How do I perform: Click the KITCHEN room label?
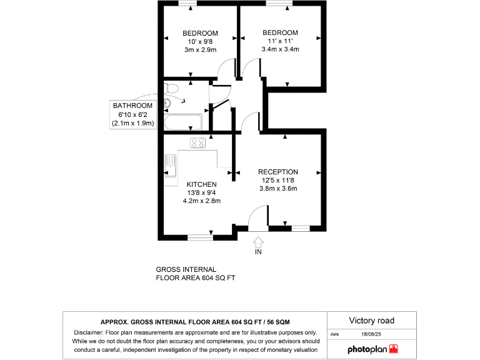(201, 184)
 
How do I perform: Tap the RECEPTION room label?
(278, 172)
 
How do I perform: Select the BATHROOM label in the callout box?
(132, 106)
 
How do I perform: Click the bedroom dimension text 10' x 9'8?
(200, 41)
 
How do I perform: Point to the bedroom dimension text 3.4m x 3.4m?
(280, 49)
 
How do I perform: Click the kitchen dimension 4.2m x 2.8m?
(201, 201)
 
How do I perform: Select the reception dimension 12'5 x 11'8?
(278, 180)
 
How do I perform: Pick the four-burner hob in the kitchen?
(198, 142)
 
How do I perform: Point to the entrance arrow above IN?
(258, 241)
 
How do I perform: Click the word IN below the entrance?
(258, 252)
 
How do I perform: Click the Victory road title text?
(371, 321)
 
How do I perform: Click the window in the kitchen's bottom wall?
(201, 237)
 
